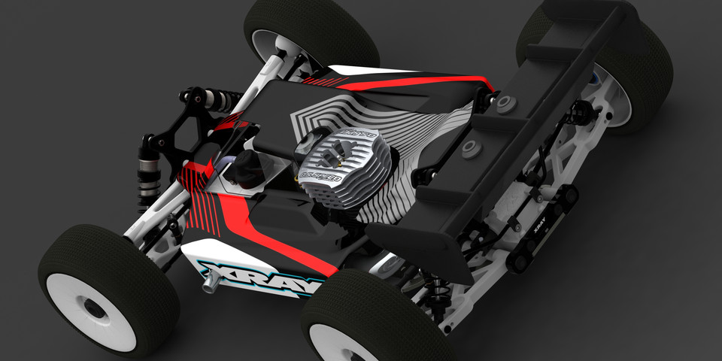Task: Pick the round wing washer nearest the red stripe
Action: tap(502, 103)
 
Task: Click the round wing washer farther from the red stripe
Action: tap(472, 145)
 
